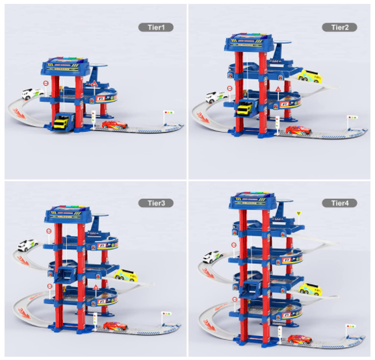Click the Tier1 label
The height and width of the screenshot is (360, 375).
(156, 27)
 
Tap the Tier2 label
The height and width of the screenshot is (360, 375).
(340, 27)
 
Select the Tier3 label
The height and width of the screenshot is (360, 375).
(156, 203)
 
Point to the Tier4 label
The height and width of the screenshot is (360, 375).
(340, 203)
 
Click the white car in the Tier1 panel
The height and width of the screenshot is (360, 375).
(32, 94)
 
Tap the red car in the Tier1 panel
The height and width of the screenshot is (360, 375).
(115, 125)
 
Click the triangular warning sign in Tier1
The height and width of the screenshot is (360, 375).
(94, 83)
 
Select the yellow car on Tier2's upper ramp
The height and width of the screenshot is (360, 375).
(310, 76)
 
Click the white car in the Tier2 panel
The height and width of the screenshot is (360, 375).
(217, 97)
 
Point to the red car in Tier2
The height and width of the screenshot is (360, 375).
(299, 130)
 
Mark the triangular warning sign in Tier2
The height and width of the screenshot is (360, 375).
(278, 90)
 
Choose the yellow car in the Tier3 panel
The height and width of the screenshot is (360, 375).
(126, 276)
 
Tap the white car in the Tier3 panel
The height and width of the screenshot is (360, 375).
(28, 245)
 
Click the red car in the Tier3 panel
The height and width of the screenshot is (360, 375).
(115, 326)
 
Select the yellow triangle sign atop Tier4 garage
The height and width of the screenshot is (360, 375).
(298, 213)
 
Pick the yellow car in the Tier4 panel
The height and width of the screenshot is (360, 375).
(310, 289)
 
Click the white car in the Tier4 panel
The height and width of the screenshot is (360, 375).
(214, 257)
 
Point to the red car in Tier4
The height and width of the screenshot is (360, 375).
(300, 340)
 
